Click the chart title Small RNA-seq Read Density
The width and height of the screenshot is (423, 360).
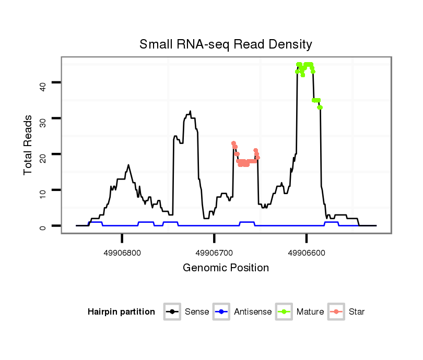click(226, 44)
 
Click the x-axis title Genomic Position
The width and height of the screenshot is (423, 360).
click(226, 268)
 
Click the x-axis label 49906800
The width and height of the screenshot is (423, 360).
click(122, 253)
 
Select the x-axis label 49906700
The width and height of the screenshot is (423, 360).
click(214, 253)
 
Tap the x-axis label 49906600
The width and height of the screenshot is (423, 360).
click(307, 253)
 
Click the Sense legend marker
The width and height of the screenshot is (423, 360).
click(172, 312)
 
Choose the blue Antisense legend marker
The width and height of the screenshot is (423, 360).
click(222, 312)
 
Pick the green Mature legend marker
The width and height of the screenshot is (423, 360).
click(285, 312)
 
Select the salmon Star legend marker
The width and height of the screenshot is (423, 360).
click(336, 312)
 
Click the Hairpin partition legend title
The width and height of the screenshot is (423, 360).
click(121, 312)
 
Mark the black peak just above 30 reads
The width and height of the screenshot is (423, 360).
click(190, 112)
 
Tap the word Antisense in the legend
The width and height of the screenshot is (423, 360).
click(253, 312)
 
